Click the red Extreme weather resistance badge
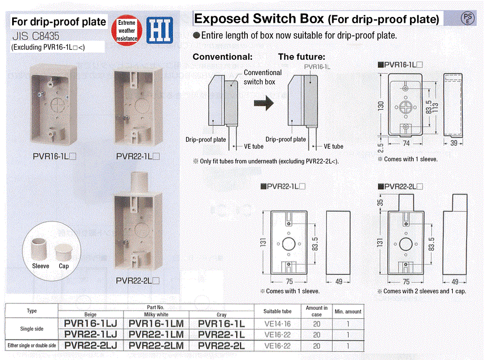tap(127, 30)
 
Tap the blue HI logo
tap(160, 30)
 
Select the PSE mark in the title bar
tap(468, 18)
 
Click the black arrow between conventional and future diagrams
tap(264, 103)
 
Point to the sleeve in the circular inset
tap(39, 249)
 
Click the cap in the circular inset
tap(64, 253)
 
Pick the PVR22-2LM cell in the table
tap(156, 346)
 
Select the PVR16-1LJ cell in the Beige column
tap(91, 324)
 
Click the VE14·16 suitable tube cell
tap(277, 324)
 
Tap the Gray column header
tap(221, 315)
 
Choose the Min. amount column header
tap(348, 311)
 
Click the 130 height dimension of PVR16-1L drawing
tap(380, 106)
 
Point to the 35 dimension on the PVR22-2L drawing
tap(380, 202)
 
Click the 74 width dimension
tap(406, 143)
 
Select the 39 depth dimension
tap(454, 143)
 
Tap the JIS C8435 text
tap(36, 36)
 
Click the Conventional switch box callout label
tap(263, 77)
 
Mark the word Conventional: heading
tap(222, 57)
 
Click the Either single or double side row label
tap(32, 346)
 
